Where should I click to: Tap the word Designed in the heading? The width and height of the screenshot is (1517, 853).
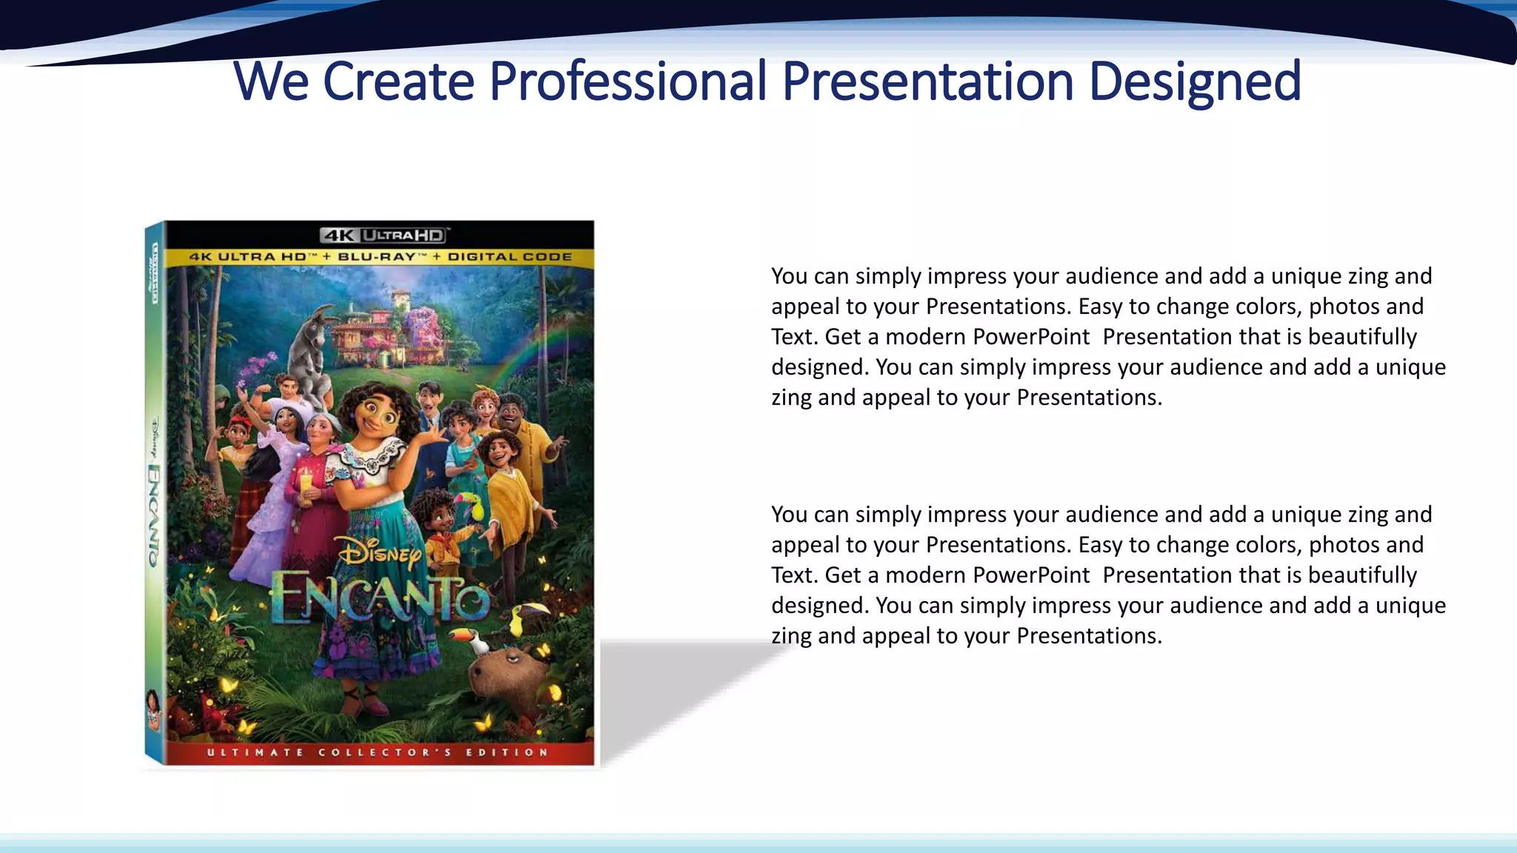[x=1194, y=81]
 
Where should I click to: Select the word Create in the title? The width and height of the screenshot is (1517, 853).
[x=399, y=81]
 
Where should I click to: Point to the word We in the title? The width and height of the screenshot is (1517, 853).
[x=271, y=81]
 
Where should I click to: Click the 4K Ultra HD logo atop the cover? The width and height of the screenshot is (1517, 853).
[x=384, y=235]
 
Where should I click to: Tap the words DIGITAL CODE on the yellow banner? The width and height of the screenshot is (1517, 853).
[x=510, y=257]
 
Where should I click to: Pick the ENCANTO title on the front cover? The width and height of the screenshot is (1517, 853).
[x=379, y=598]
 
